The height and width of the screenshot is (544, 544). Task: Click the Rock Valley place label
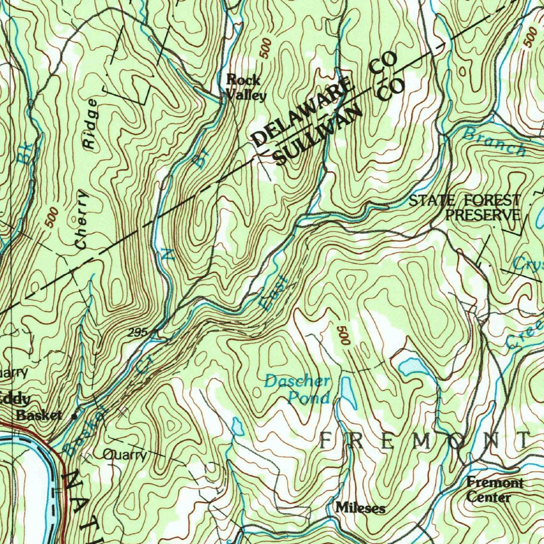point(245,88)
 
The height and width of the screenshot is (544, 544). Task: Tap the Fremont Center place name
point(494,490)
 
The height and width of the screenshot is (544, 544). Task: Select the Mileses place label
point(360,508)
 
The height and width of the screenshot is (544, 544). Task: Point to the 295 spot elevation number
point(137,333)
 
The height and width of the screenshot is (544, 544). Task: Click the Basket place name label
point(39,415)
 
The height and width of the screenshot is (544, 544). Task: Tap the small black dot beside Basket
point(74,416)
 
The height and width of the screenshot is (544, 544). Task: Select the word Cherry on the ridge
point(82,218)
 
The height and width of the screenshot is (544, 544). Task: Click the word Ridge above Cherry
point(91,125)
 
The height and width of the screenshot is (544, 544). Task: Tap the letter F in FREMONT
point(327,440)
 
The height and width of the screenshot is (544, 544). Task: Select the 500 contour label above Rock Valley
point(266,48)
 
